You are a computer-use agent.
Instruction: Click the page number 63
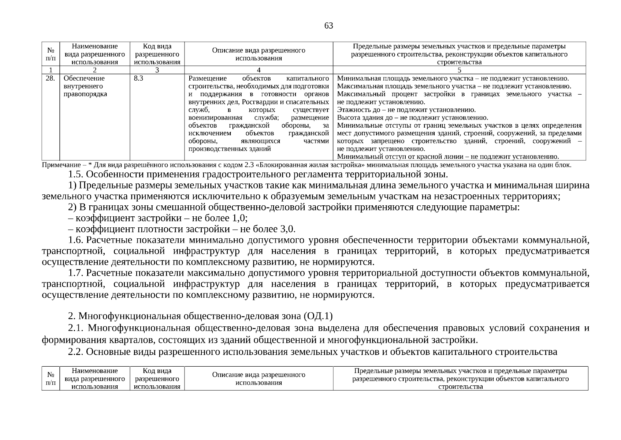click(x=328, y=26)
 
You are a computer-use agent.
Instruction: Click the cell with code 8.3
click(x=138, y=78)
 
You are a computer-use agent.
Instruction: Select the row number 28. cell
click(x=51, y=78)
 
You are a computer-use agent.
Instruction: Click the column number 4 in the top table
click(x=259, y=70)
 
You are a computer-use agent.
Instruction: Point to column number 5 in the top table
click(x=459, y=70)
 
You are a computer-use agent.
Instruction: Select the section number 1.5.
click(x=76, y=174)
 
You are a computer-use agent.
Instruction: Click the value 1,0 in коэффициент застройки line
click(x=239, y=218)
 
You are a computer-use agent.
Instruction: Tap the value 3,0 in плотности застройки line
click(x=287, y=229)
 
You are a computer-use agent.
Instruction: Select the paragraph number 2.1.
click(x=76, y=328)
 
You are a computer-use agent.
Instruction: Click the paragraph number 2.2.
click(x=76, y=352)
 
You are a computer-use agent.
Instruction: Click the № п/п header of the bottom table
click(x=51, y=378)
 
